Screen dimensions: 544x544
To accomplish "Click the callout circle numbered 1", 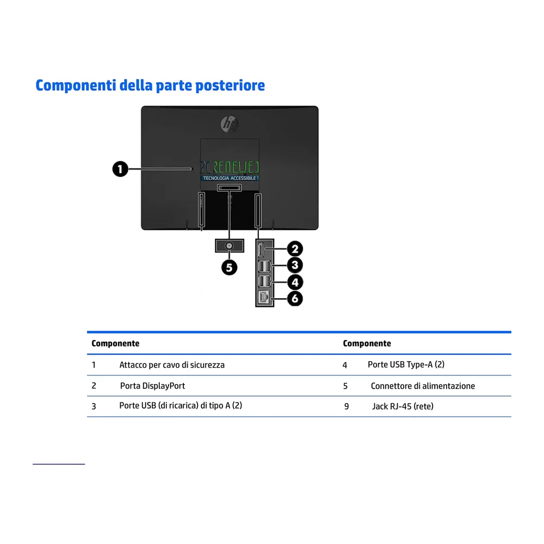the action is (x=120, y=169).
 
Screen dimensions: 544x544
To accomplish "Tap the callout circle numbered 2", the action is (x=295, y=249).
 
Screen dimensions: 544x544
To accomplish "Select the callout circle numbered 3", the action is (x=295, y=265).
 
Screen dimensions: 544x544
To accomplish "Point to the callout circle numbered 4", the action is (x=295, y=282).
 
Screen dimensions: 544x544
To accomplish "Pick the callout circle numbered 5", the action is (x=230, y=268).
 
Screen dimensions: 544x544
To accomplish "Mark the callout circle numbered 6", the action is (x=295, y=299).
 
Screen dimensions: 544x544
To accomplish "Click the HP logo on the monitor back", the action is (x=230, y=124).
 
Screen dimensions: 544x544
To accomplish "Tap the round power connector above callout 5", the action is (x=229, y=246).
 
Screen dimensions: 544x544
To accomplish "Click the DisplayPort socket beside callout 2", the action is (x=261, y=250).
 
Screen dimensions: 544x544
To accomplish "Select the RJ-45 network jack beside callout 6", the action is (x=263, y=298).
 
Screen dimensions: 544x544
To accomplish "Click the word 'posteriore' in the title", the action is (x=230, y=86).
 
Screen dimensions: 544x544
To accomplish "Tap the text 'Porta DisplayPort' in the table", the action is (x=152, y=386).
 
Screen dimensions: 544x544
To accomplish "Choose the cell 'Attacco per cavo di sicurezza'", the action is (x=172, y=365).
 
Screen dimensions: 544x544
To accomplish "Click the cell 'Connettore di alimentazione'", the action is (x=423, y=386).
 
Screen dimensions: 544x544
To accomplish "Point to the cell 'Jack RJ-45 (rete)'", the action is (x=403, y=406).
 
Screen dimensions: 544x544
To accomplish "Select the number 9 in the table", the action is (x=346, y=406).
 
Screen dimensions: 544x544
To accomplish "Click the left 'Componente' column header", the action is (x=115, y=343).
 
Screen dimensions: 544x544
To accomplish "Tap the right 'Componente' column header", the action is (x=367, y=343).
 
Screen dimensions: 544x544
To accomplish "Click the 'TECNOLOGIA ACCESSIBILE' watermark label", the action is (x=230, y=178).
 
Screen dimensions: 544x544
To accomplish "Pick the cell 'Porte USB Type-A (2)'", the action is (x=406, y=364).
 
